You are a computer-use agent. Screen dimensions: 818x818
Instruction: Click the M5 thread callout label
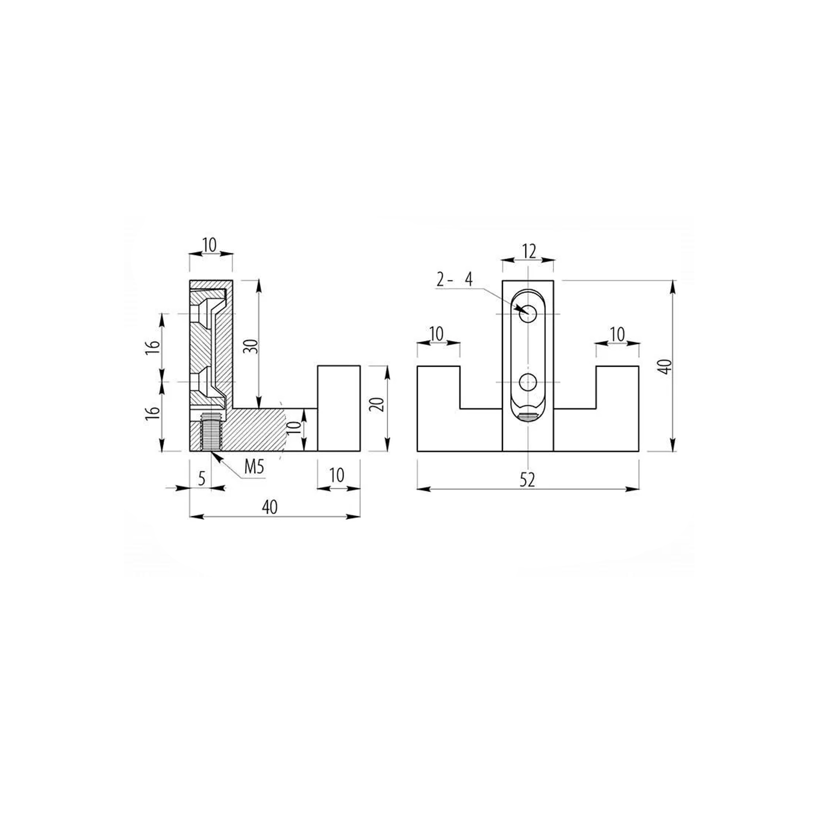pyautogui.click(x=254, y=467)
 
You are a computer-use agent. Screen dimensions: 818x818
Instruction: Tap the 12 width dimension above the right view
pyautogui.click(x=529, y=251)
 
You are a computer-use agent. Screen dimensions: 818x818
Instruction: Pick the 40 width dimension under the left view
pyautogui.click(x=270, y=507)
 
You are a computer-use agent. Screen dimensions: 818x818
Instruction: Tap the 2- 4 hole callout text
pyautogui.click(x=454, y=280)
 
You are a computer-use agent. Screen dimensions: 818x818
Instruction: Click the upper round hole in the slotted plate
pyautogui.click(x=528, y=314)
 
